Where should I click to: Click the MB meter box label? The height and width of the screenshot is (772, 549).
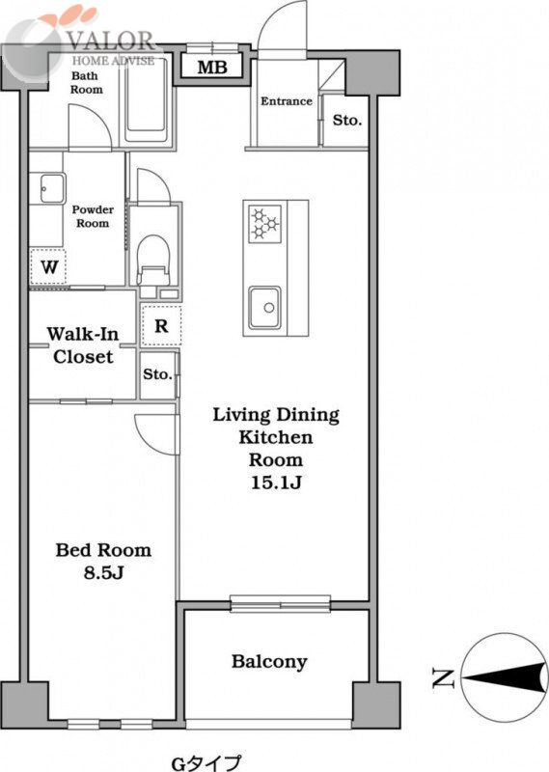click(212, 67)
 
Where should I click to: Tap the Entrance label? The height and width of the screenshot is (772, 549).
click(286, 101)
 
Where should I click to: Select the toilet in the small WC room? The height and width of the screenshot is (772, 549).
click(153, 261)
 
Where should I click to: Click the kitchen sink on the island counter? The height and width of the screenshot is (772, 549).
click(265, 308)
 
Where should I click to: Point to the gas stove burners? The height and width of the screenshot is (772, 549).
click(265, 224)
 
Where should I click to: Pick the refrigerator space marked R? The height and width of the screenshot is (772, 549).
click(161, 325)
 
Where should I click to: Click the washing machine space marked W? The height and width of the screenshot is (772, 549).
click(49, 267)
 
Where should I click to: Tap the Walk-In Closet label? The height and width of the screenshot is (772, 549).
click(83, 345)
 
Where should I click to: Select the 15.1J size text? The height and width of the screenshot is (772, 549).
click(276, 482)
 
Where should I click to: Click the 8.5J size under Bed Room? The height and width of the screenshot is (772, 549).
click(103, 572)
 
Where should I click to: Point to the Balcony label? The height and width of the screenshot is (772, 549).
click(269, 662)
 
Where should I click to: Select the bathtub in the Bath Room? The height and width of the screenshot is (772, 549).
click(146, 100)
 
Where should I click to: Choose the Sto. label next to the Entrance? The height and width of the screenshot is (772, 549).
click(347, 120)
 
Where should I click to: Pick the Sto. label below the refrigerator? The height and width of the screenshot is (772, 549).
click(157, 374)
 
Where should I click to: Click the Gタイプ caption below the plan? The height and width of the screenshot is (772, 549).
click(206, 762)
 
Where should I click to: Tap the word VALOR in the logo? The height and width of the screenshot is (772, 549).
click(111, 41)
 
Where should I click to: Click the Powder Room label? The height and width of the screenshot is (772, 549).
click(93, 216)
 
